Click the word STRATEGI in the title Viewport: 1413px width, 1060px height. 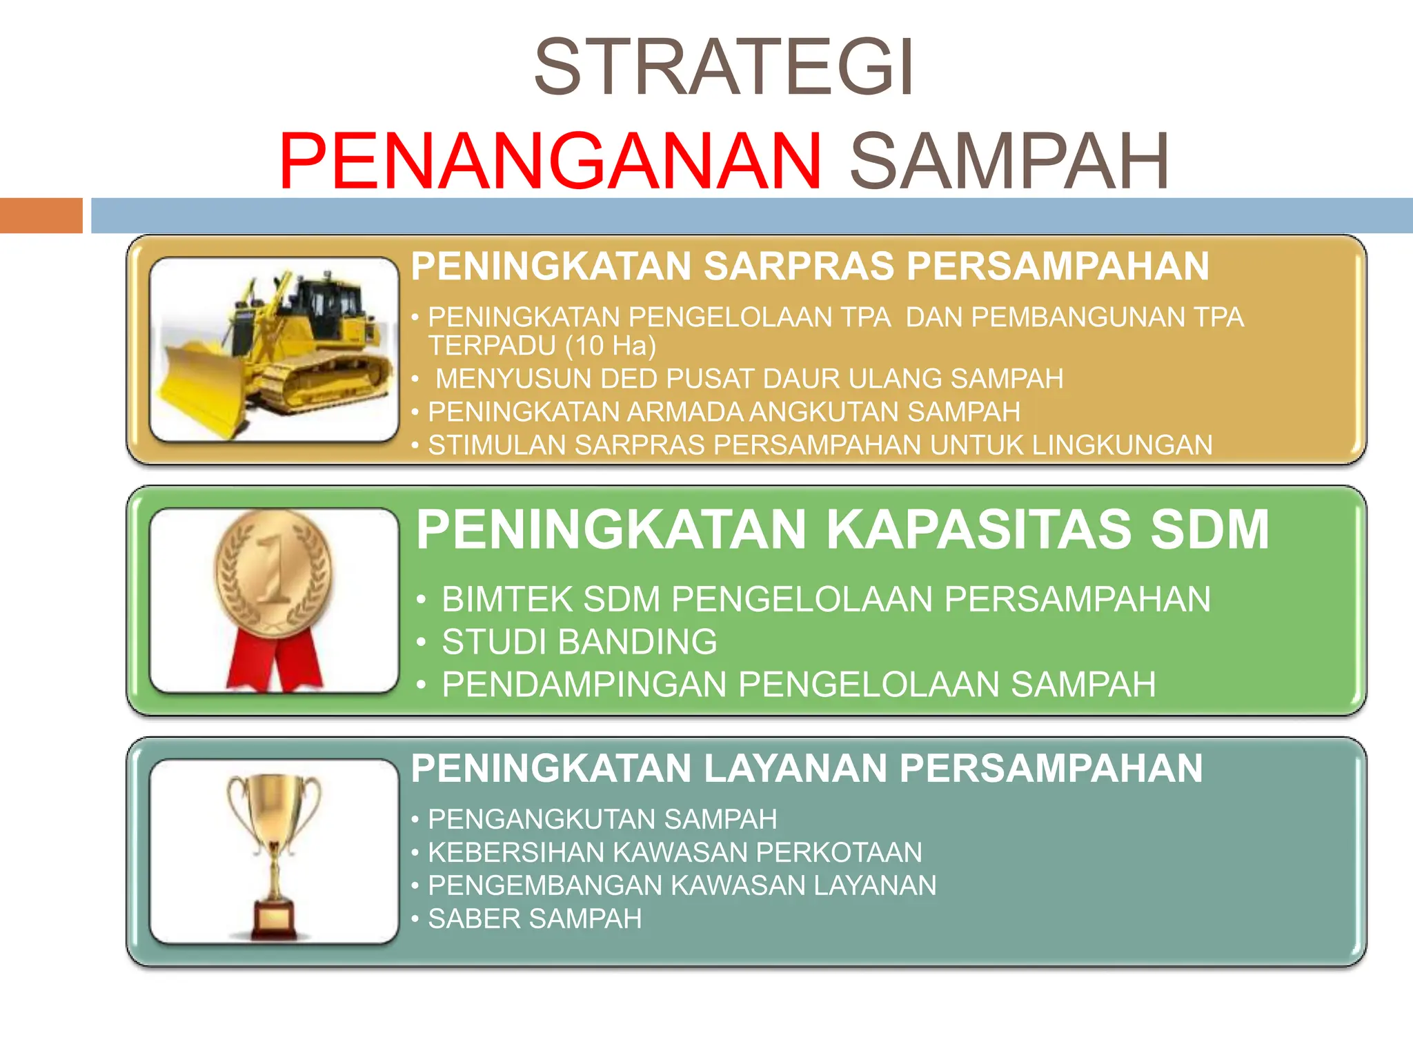pyautogui.click(x=724, y=68)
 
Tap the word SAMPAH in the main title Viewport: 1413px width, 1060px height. pyautogui.click(x=1009, y=161)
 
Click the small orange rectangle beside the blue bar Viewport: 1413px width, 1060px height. pyautogui.click(x=41, y=215)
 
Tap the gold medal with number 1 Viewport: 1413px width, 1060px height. pyautogui.click(x=273, y=573)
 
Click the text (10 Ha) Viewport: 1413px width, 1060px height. pyautogui.click(x=611, y=346)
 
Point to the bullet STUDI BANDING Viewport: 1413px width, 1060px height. pyautogui.click(x=579, y=642)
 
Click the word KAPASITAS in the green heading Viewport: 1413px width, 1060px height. pyautogui.click(x=979, y=530)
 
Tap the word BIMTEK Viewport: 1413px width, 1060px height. pyautogui.click(x=506, y=599)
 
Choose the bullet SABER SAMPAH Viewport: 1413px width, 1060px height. pyautogui.click(x=535, y=919)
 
